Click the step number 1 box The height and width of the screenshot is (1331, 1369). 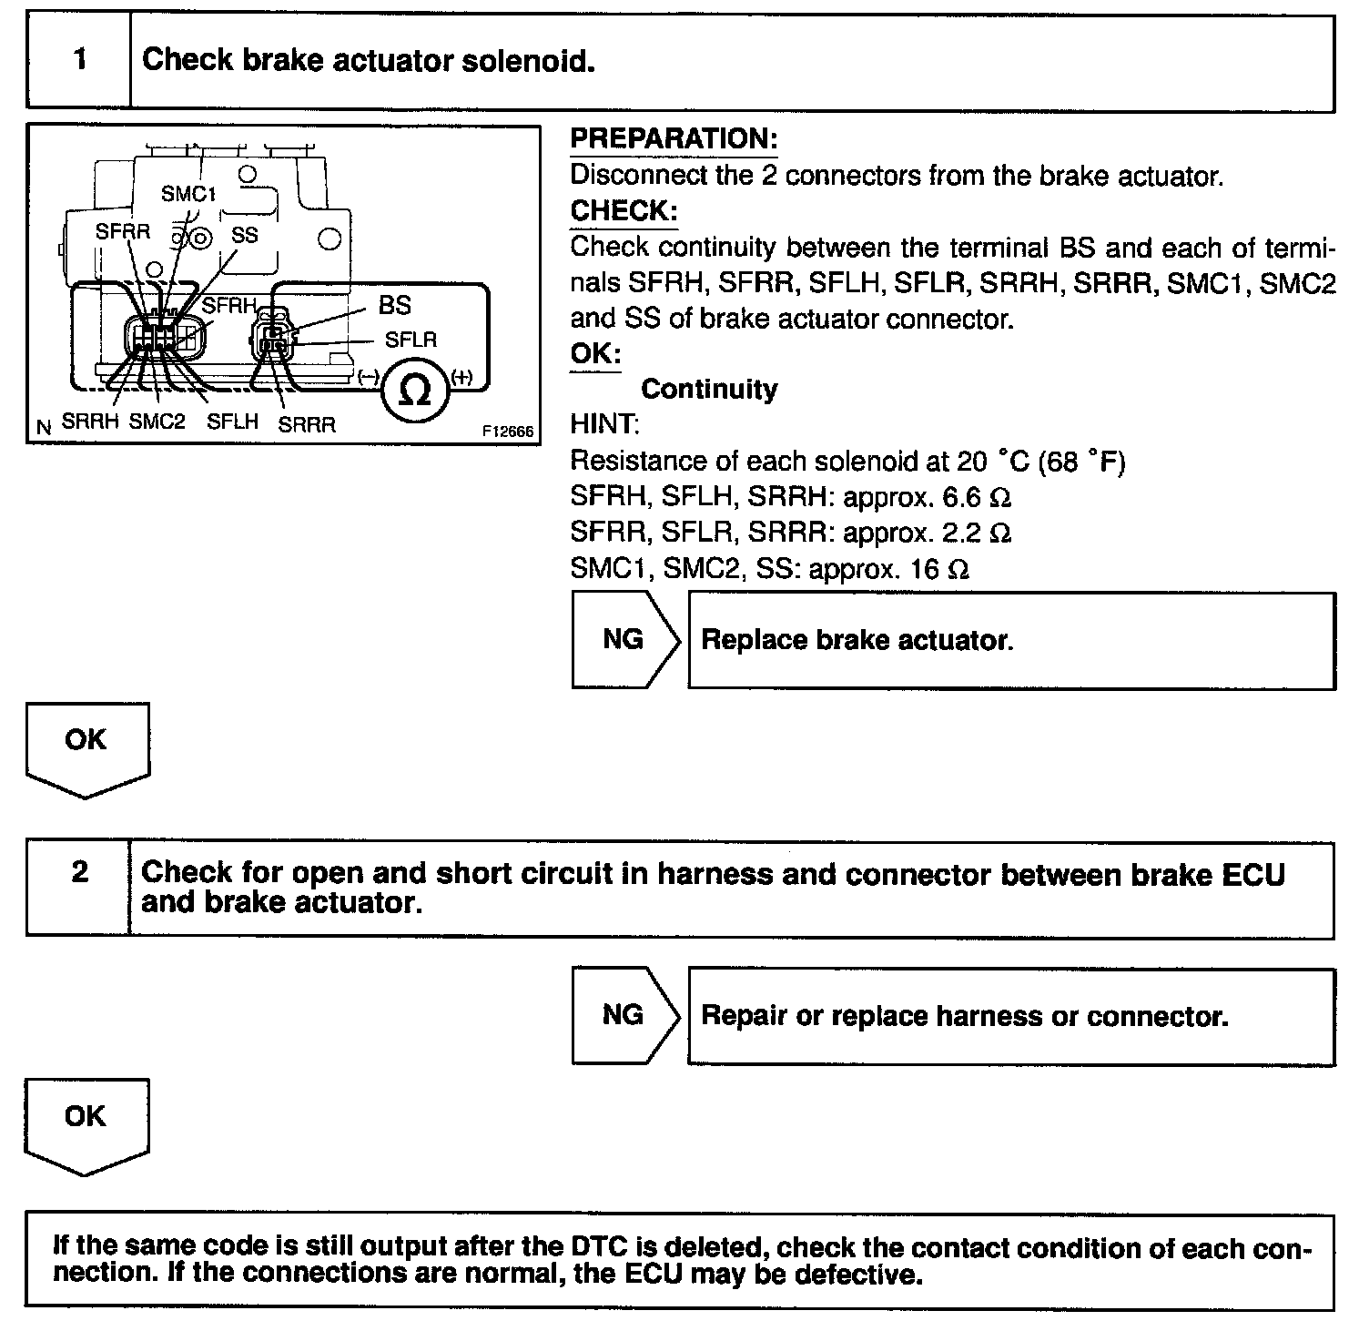79,60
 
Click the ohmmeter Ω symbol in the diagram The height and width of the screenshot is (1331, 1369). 415,391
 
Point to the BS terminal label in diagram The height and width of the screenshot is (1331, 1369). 395,305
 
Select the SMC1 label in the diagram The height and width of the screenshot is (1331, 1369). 188,193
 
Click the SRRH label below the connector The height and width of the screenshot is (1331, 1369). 90,422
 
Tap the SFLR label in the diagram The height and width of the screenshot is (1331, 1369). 411,340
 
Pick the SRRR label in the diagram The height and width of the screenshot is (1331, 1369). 307,424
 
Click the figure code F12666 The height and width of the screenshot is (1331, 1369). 508,432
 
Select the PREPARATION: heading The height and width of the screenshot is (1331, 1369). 674,138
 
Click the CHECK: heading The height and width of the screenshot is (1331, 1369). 624,210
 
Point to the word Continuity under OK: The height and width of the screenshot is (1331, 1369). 709,390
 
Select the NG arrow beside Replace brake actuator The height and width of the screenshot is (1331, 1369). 624,639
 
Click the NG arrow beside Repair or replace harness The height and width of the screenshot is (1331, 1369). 624,1014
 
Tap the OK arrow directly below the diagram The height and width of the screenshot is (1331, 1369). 86,747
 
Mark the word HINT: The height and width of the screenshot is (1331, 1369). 604,425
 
